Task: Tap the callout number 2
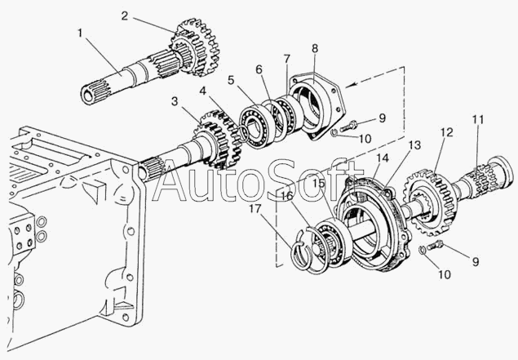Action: [x=123, y=16]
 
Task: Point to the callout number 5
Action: [x=232, y=80]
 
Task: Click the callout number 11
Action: [x=476, y=120]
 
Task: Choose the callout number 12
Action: [x=445, y=132]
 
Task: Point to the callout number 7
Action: [x=286, y=60]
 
